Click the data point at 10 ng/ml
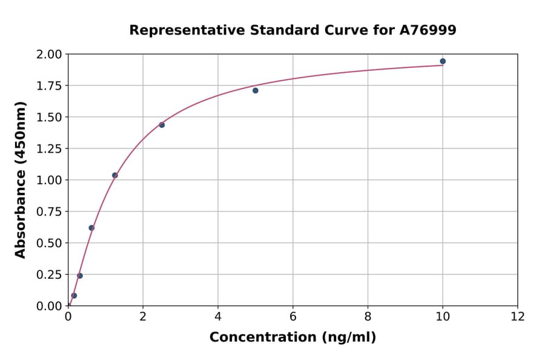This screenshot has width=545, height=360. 443,61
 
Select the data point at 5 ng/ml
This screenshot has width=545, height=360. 256,90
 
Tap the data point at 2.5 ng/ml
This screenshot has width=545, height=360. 162,125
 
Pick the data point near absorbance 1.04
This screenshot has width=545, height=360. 115,175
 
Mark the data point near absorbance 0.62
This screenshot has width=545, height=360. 91,228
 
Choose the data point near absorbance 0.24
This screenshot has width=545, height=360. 80,276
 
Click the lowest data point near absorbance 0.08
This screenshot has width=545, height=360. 74,296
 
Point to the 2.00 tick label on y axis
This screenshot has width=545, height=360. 48,55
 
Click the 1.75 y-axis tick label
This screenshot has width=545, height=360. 48,86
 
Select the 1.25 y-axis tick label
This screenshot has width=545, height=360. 48,149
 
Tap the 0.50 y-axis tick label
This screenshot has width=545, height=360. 48,243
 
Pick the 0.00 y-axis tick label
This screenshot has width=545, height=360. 48,306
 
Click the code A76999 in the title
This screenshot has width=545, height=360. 428,30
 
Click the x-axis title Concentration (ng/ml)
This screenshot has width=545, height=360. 292,338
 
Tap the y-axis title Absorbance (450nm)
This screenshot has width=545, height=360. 21,180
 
